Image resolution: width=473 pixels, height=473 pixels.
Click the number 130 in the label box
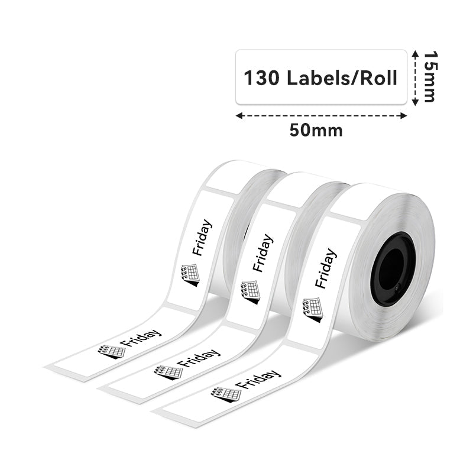[x=261, y=78]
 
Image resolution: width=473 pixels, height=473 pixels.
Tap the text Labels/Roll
[x=342, y=78]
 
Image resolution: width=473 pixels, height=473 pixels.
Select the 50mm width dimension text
[x=316, y=131]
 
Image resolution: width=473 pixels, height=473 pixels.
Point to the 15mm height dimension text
[x=430, y=77]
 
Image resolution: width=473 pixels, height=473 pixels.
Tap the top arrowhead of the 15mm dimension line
[x=416, y=54]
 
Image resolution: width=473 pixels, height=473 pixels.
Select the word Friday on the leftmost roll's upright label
[x=202, y=238]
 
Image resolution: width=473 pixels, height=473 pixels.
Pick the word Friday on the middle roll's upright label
[x=263, y=253]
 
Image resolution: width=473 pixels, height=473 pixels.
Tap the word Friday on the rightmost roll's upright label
[x=326, y=268]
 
